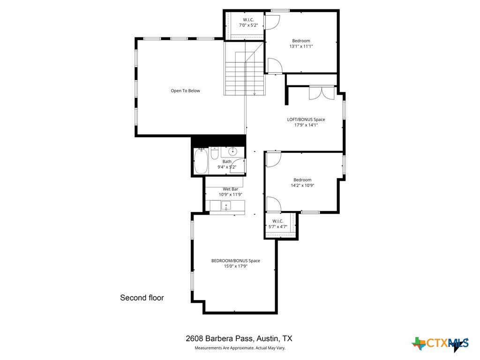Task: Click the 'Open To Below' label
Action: pyautogui.click(x=185, y=90)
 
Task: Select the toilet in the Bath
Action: pyautogui.click(x=214, y=153)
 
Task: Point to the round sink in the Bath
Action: pyautogui.click(x=232, y=151)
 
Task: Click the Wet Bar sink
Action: pyautogui.click(x=225, y=205)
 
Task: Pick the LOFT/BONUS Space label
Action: pyautogui.click(x=306, y=120)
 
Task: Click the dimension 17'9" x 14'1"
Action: pyautogui.click(x=306, y=125)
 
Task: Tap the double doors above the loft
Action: pyautogui.click(x=322, y=92)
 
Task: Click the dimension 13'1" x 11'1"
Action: pyautogui.click(x=301, y=46)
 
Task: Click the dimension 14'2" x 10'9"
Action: pyautogui.click(x=302, y=185)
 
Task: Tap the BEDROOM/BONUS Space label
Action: pyautogui.click(x=235, y=261)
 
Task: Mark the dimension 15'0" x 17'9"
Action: pyautogui.click(x=235, y=266)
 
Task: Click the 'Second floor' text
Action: pyautogui.click(x=142, y=298)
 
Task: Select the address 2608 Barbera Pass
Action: pyautogui.click(x=239, y=338)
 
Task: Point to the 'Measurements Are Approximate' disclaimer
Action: pyautogui.click(x=240, y=348)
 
